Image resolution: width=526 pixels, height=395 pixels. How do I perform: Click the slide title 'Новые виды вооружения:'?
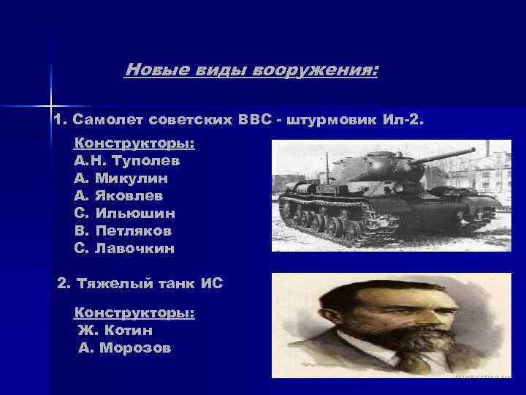coord(252,70)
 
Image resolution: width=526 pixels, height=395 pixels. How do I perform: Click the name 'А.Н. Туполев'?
coord(126,159)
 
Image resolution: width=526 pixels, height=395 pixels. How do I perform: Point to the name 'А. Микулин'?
coord(121,178)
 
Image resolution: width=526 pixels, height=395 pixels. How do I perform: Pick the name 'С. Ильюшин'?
coord(124,213)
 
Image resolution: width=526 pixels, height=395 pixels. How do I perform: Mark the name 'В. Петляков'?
coord(123,230)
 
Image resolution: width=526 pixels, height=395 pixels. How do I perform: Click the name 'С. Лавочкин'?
coord(124,248)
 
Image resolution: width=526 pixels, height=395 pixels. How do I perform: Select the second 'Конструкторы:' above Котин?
coord(134,312)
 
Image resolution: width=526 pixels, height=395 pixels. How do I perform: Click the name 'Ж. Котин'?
coord(115,331)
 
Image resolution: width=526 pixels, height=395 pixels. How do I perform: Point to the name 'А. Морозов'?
coord(124,348)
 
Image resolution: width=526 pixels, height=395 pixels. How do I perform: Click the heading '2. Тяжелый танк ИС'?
coord(140,283)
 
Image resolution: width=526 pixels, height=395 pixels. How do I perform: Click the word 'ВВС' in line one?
coord(254,119)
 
